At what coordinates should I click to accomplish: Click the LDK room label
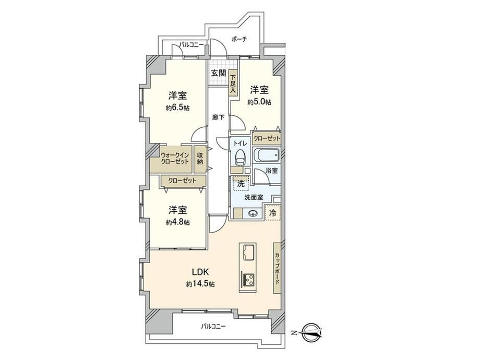[200, 272]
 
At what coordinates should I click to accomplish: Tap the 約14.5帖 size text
[200, 284]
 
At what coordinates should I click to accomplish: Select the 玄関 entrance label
[219, 73]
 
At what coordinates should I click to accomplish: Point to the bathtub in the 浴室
[266, 155]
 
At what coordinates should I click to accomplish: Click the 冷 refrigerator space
[272, 213]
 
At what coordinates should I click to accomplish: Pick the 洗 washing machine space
[241, 184]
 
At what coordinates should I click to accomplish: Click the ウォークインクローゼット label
[175, 158]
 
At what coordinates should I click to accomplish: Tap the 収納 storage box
[200, 159]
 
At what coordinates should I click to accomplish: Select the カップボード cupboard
[277, 269]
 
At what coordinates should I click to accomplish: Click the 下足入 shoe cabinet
[233, 84]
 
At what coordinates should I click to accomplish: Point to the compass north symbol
[311, 333]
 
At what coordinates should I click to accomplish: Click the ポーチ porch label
[239, 40]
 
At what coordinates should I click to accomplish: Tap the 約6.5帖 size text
[177, 108]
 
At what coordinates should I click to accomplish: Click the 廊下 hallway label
[219, 117]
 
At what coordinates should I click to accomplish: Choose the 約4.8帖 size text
[177, 222]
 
